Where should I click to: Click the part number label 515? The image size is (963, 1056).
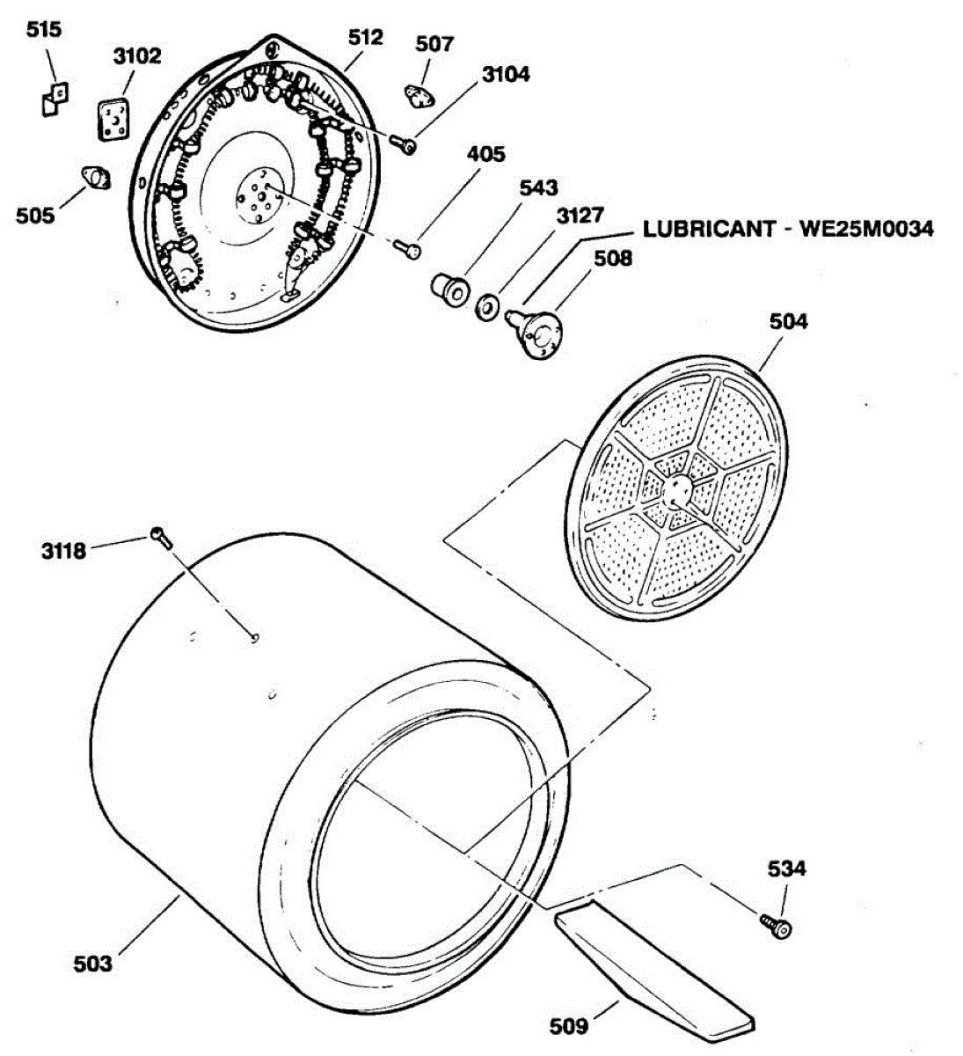pos(44,31)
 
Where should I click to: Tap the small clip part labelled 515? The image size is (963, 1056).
pos(55,98)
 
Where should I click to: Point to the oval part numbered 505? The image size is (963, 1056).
pos(95,176)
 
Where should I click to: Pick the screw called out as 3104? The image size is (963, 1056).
pos(405,145)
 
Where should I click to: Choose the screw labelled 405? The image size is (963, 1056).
pos(407,249)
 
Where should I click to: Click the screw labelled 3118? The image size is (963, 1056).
pos(160,536)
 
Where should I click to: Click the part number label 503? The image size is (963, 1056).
pos(92,964)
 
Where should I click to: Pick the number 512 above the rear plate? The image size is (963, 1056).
pos(365,37)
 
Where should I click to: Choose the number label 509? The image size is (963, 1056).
pos(569,1026)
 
